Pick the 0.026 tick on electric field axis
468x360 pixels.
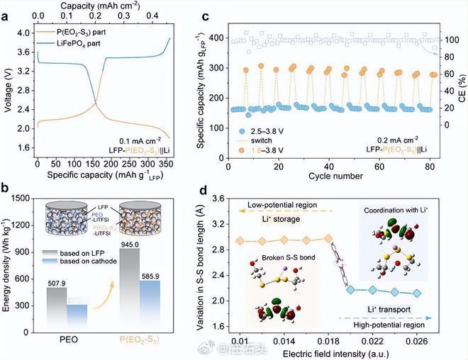tap(416, 339)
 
